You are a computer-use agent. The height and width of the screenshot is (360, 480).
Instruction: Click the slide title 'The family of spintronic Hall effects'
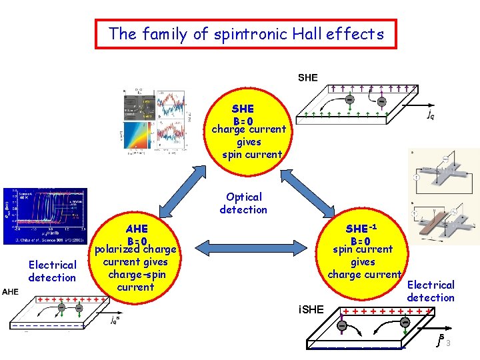pyautogui.click(x=246, y=33)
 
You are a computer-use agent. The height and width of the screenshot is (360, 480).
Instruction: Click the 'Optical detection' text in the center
pyautogui.click(x=243, y=203)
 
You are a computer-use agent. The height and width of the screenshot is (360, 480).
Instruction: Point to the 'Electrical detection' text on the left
pyautogui.click(x=52, y=271)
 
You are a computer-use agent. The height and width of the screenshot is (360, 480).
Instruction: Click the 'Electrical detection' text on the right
pyautogui.click(x=431, y=291)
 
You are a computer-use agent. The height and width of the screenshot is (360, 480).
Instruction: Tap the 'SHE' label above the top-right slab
pyautogui.click(x=307, y=77)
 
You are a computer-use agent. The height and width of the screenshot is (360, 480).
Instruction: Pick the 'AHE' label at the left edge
pyautogui.click(x=11, y=291)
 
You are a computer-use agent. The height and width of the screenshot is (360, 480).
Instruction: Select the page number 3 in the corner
pyautogui.click(x=449, y=343)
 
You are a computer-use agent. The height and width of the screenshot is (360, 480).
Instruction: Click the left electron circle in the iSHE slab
pyautogui.click(x=341, y=326)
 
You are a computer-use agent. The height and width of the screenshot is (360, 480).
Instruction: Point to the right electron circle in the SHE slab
pyautogui.click(x=381, y=101)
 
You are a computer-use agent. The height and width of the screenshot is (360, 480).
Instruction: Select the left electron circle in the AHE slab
pyautogui.click(x=61, y=307)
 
